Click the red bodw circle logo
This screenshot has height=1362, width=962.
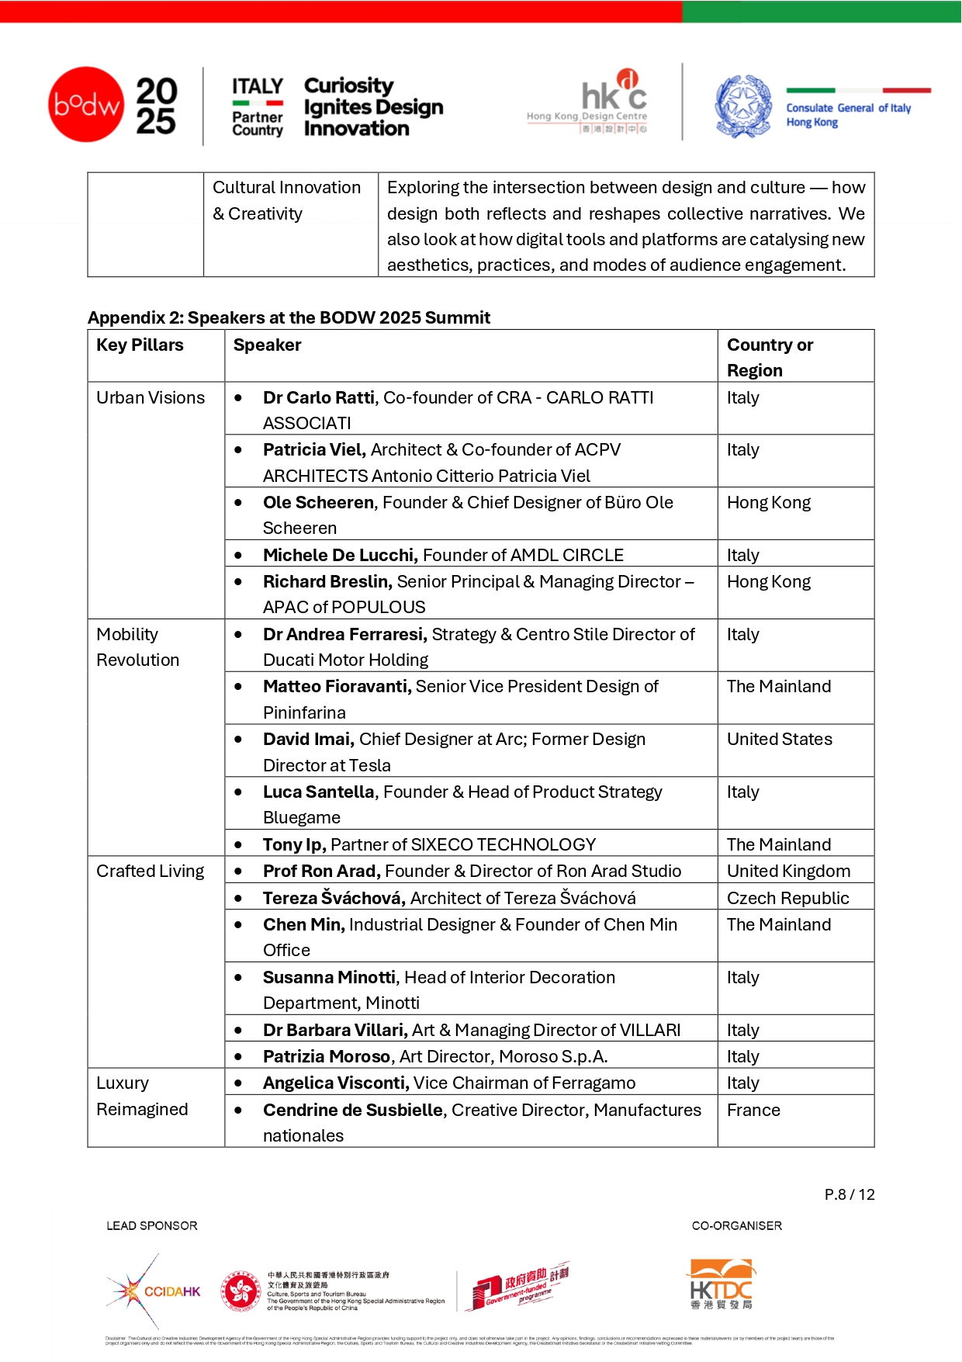point(86,105)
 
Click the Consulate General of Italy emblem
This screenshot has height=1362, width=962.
point(743,106)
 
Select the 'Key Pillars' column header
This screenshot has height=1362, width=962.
point(140,345)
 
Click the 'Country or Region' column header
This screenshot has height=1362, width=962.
point(770,357)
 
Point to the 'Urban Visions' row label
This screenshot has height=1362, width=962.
point(151,398)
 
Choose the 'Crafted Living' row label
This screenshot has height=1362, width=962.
point(151,872)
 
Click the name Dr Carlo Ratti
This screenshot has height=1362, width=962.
point(319,398)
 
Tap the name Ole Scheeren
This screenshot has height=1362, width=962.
point(318,503)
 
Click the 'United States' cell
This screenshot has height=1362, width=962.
point(779,740)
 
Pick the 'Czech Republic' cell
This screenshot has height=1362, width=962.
point(787,899)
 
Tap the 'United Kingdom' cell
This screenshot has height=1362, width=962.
point(788,872)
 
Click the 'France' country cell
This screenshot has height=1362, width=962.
point(753,1111)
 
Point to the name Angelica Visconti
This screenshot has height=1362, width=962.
point(335,1083)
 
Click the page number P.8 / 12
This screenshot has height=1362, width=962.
point(850,1195)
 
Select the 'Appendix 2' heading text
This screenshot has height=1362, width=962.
point(289,318)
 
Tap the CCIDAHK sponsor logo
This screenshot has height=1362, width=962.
point(154,1291)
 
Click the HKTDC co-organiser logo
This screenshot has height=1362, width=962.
point(721,1284)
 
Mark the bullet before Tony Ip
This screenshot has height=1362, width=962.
point(238,845)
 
